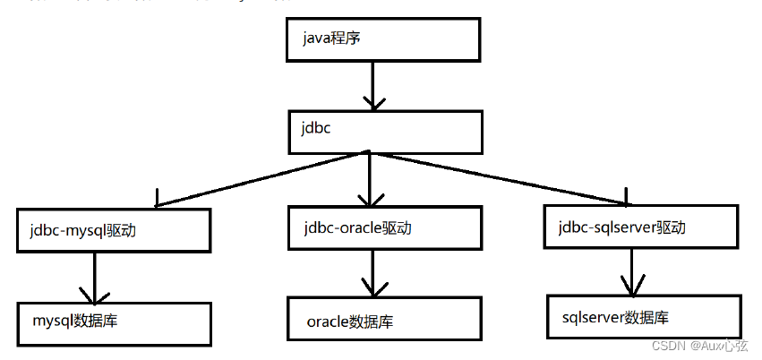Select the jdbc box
[385, 131]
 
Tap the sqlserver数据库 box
[643, 317]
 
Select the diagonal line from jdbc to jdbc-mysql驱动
[260, 177]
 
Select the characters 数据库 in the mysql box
[97, 320]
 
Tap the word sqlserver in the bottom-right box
[593, 317]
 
